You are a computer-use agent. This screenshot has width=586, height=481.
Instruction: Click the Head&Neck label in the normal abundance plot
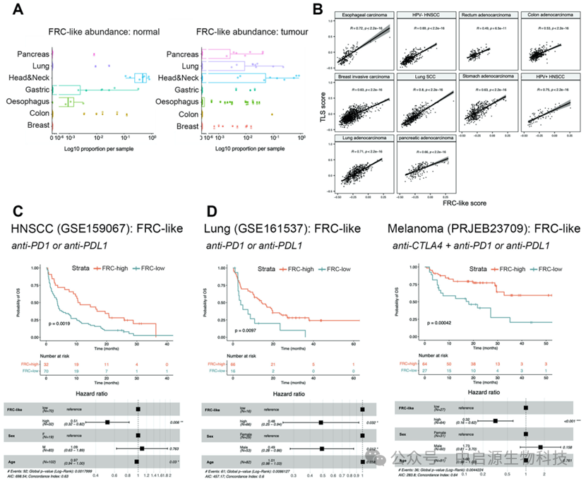(x=28, y=77)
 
